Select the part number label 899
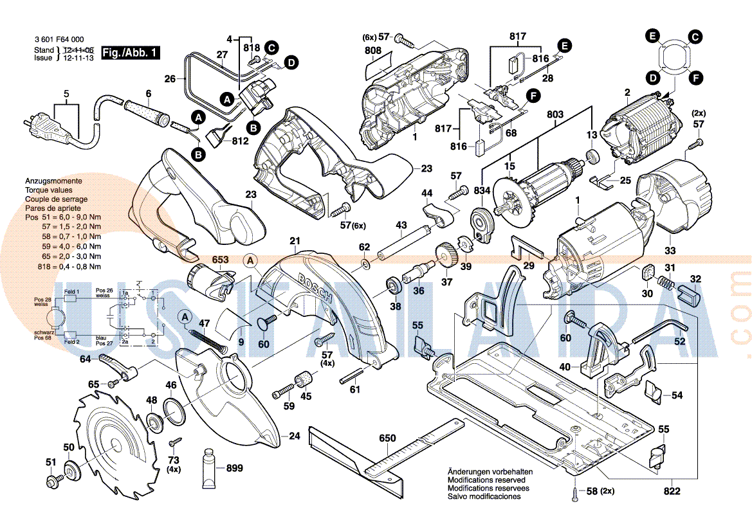click(x=234, y=469)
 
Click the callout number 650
click(x=387, y=438)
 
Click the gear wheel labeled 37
click(x=444, y=255)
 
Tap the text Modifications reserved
click(x=486, y=480)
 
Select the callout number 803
click(x=555, y=115)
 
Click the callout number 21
click(x=295, y=242)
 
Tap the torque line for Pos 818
click(x=63, y=266)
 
